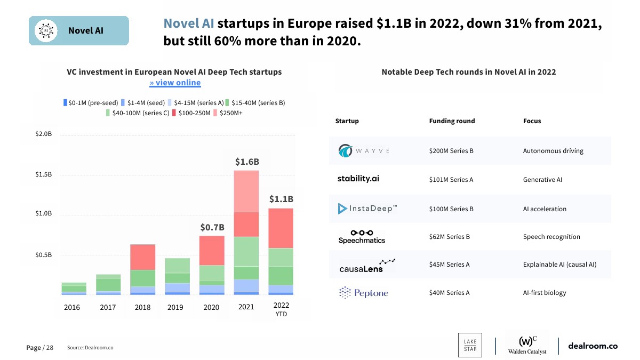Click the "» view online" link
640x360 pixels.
175,83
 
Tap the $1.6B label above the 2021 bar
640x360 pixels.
247,162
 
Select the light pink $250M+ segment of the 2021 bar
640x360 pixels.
247,191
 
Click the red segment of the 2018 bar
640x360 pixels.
142,257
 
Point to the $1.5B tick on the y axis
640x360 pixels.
44,174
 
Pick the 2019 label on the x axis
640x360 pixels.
175,307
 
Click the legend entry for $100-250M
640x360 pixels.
191,113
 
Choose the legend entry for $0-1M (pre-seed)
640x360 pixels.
91,102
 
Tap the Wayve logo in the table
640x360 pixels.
364,151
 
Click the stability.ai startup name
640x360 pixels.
358,179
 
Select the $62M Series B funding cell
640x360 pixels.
449,237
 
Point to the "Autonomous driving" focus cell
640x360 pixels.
553,151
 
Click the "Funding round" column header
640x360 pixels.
452,121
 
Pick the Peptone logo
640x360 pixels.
364,293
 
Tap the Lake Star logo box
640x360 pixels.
470,345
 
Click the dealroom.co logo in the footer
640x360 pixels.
593,346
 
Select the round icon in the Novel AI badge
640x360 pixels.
46,30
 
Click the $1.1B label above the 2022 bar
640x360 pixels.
281,199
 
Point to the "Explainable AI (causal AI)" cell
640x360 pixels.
559,265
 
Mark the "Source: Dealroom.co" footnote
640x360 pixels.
90,348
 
